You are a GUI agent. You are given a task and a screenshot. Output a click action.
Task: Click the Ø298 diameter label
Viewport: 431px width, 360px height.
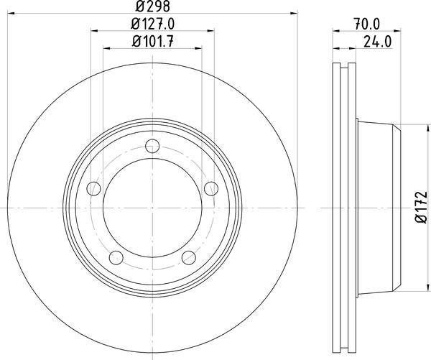click(x=152, y=6)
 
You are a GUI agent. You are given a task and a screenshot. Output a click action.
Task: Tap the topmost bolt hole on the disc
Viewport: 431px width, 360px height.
click(x=152, y=147)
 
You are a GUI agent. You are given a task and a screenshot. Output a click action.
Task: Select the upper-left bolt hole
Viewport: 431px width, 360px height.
click(x=93, y=189)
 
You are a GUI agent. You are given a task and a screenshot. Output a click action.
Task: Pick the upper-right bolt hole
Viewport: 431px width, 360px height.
click(x=210, y=189)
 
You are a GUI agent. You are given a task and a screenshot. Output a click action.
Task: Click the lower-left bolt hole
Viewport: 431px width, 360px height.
click(x=116, y=257)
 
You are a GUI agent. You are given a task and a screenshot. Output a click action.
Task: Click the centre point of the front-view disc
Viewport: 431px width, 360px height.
click(x=152, y=209)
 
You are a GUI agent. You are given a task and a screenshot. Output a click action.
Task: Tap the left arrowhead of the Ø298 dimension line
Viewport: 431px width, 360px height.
click(x=9, y=12)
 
